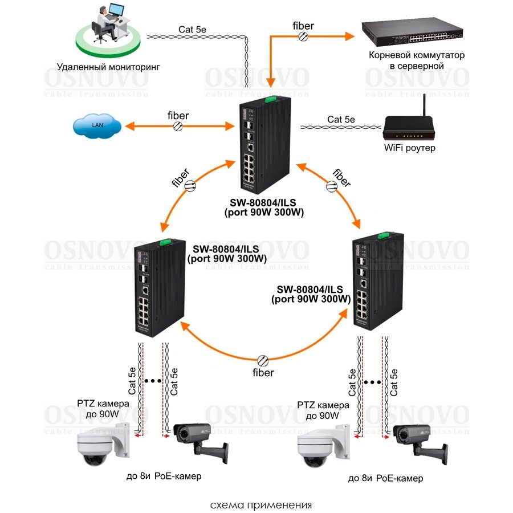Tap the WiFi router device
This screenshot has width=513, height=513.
[x=409, y=129]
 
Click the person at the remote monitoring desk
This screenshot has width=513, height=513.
[x=106, y=23]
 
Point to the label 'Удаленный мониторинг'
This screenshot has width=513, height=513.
[x=108, y=67]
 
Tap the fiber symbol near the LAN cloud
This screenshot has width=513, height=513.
[x=179, y=126]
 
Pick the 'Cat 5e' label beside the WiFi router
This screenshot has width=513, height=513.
[x=341, y=120]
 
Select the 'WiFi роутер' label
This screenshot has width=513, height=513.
[x=409, y=148]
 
